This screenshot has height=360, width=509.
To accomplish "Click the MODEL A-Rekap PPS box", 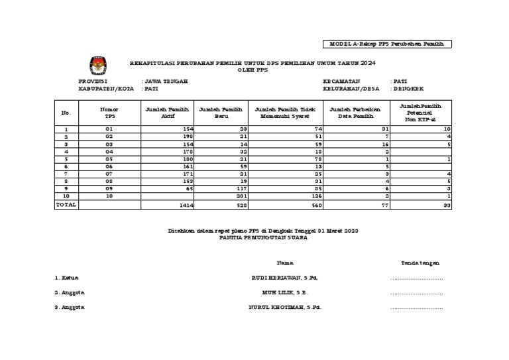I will click(x=390, y=44).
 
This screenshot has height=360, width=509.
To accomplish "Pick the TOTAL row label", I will click(x=66, y=206).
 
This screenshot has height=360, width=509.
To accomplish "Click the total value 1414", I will click(x=185, y=206).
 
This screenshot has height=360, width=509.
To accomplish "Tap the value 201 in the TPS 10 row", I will click(x=241, y=197).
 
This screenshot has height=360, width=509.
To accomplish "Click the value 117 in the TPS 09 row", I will click(x=241, y=188).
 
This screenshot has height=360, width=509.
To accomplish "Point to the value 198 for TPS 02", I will click(x=186, y=136).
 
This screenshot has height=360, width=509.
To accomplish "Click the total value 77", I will click(x=382, y=206).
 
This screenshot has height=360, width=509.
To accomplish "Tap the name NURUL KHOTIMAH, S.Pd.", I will click(x=283, y=307).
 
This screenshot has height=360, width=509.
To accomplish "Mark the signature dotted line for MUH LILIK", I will click(x=416, y=292).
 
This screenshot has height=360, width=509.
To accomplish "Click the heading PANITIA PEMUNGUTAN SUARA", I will click(x=263, y=237).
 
